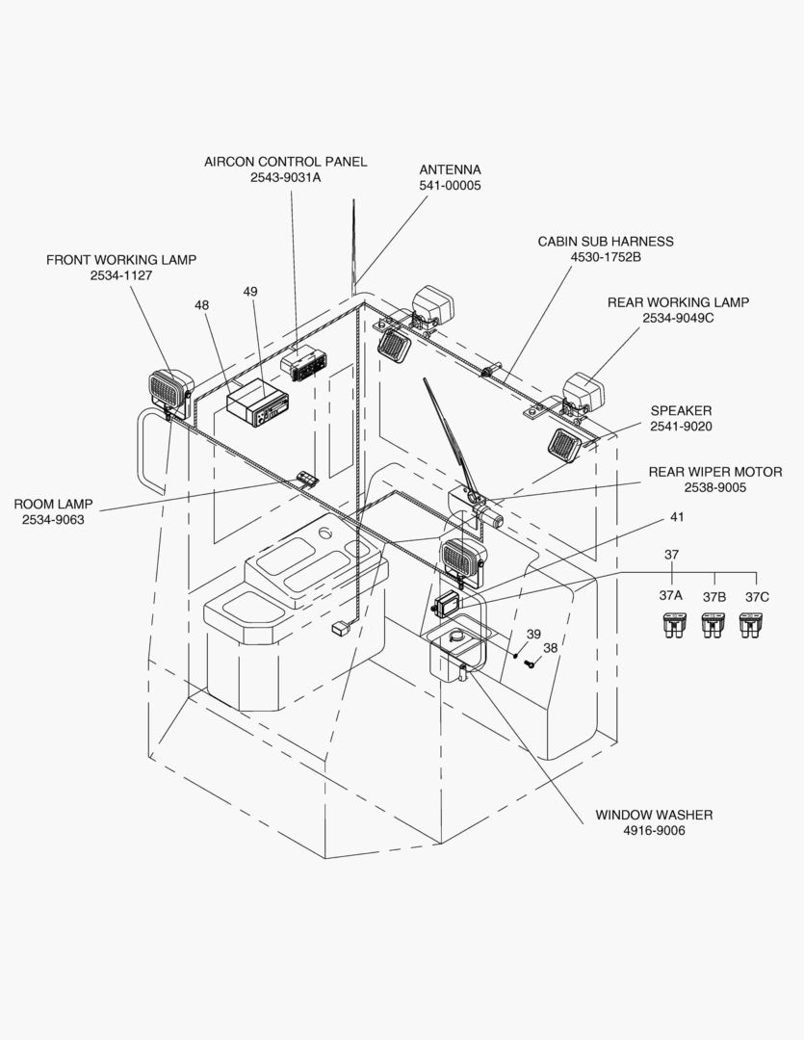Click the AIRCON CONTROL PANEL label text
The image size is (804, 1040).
coord(285,162)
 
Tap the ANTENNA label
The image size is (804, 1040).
coord(450,169)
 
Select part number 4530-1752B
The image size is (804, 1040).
coord(606,257)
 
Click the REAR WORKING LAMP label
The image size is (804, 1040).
coord(678,302)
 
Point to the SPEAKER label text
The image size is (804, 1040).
coord(681,410)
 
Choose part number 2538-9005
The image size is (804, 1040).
coord(711,488)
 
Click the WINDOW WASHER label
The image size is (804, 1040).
coord(654,815)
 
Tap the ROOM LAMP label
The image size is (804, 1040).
coord(53,504)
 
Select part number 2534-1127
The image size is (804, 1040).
coord(121,275)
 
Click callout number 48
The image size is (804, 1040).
coord(201,304)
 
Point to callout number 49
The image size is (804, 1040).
coord(250,291)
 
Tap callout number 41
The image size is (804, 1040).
coord(677,517)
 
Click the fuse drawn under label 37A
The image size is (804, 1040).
coord(671,627)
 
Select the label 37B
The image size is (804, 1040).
coord(713,597)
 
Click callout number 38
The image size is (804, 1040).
coord(550,648)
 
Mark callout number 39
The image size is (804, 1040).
coord(533,634)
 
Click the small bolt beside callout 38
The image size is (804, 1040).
coord(529,663)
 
